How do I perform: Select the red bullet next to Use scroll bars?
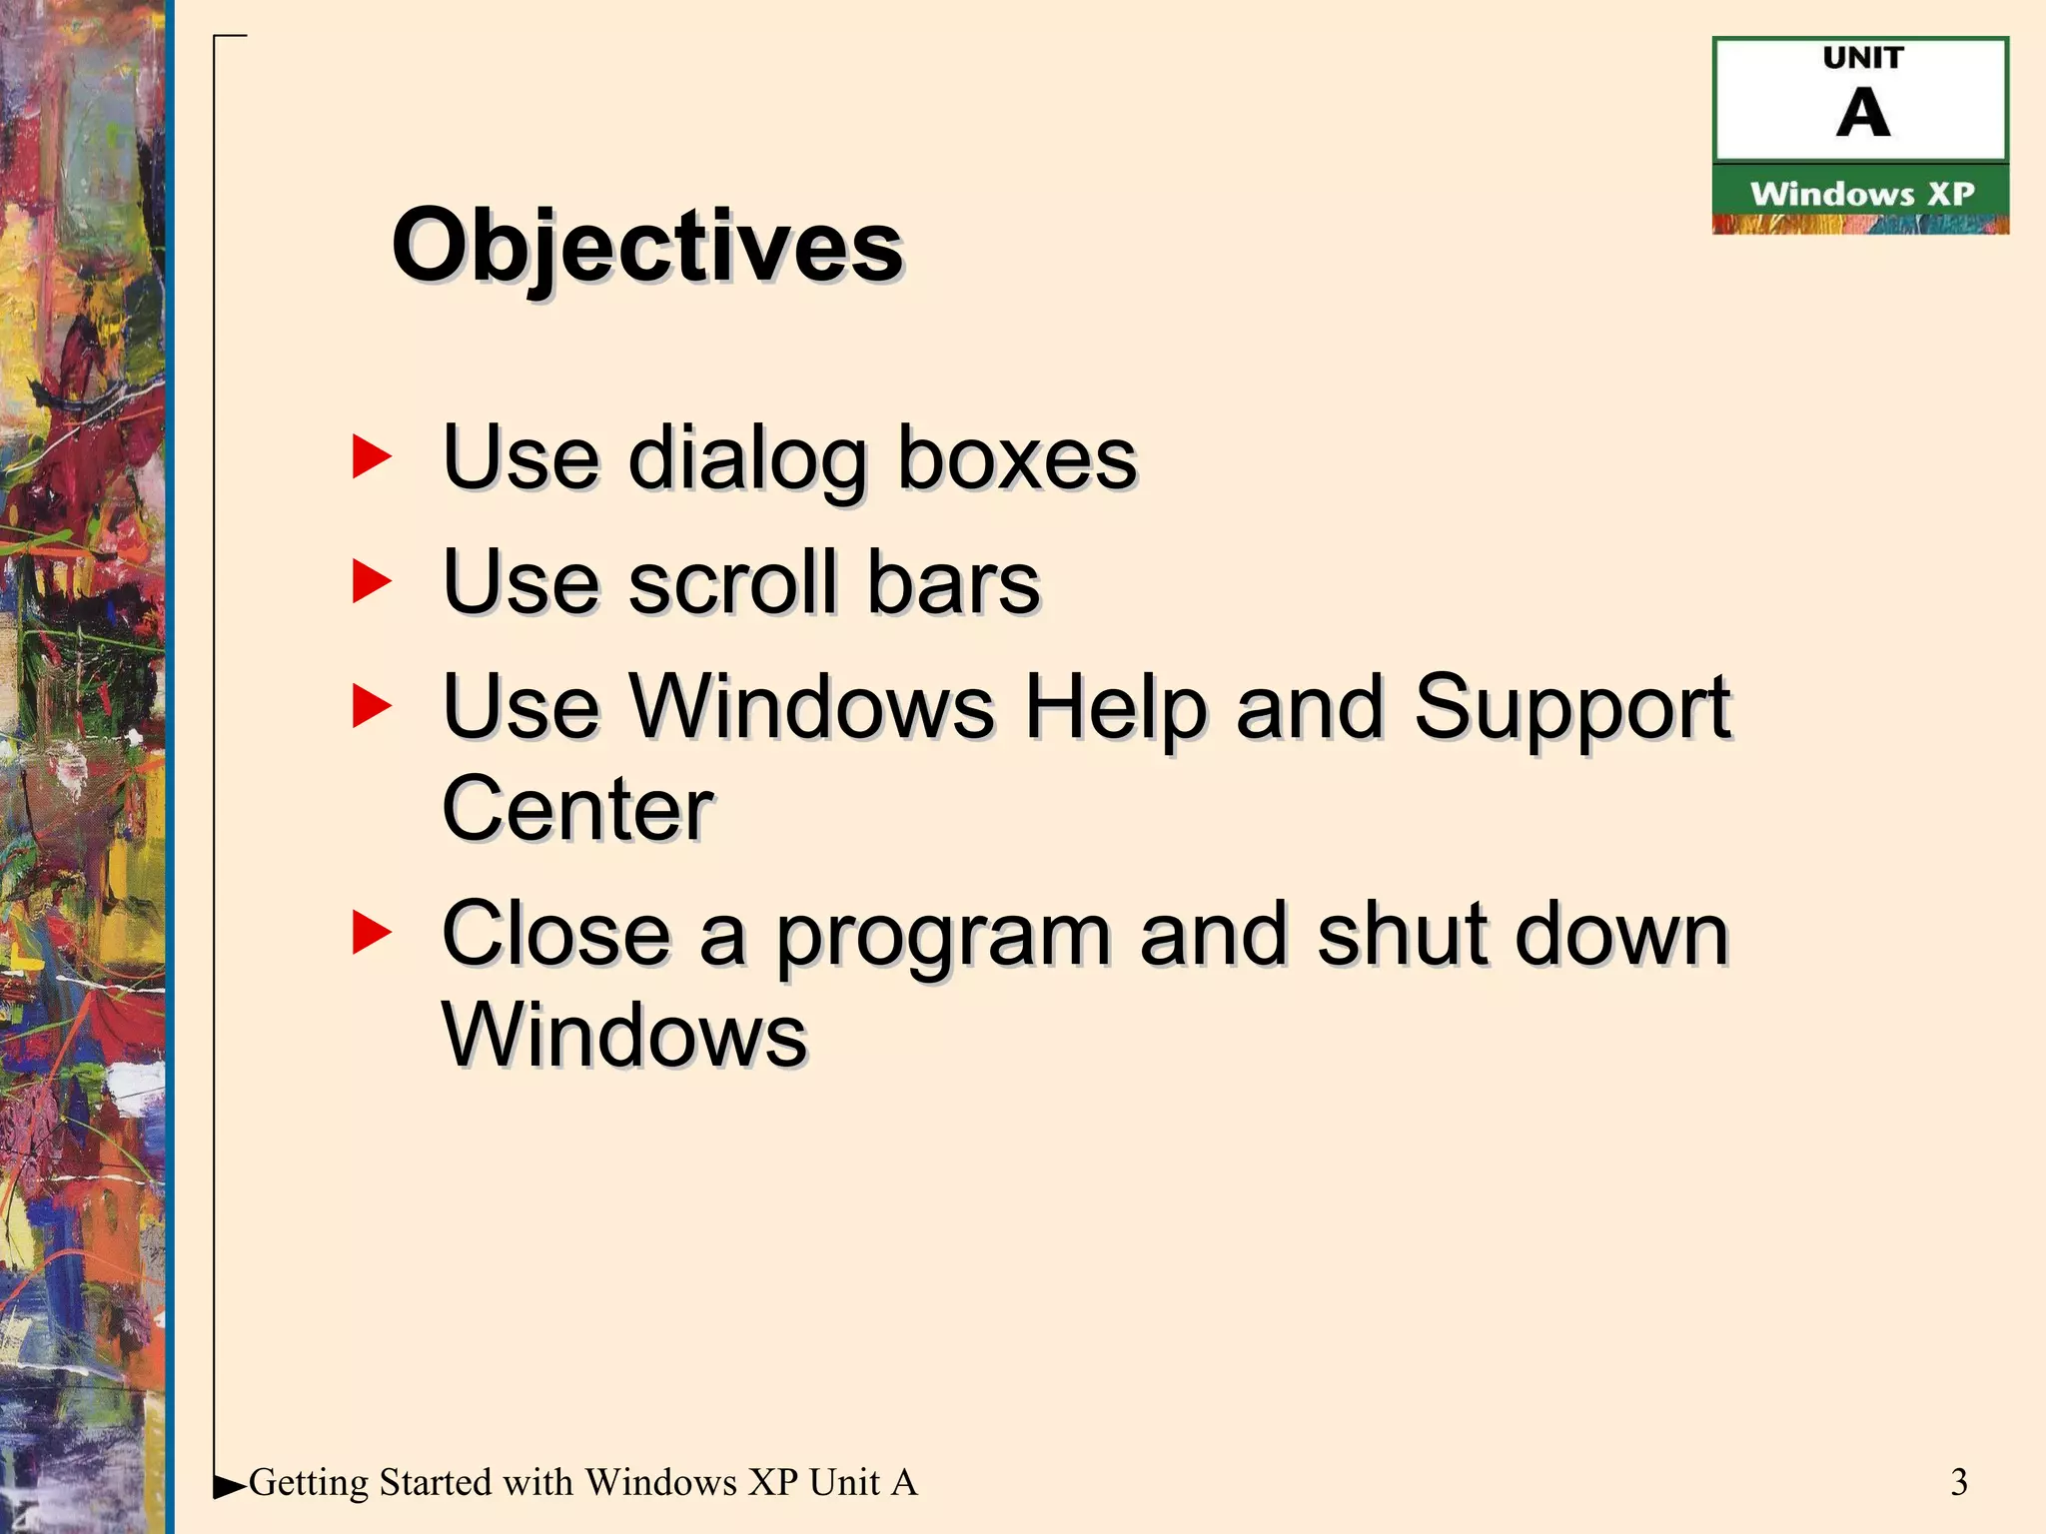pyautogui.click(x=372, y=581)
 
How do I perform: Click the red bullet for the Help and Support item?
pyautogui.click(x=372, y=706)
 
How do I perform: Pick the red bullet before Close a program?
pyautogui.click(x=372, y=933)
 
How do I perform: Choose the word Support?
pyautogui.click(x=1571, y=708)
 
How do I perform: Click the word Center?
pyautogui.click(x=577, y=809)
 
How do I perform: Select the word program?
pyautogui.click(x=943, y=937)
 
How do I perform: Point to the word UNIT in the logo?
pyautogui.click(x=1862, y=58)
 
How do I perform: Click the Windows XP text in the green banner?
pyautogui.click(x=1862, y=194)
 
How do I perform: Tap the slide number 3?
pyautogui.click(x=1958, y=1482)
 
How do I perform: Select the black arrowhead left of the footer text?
pyautogui.click(x=229, y=1485)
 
